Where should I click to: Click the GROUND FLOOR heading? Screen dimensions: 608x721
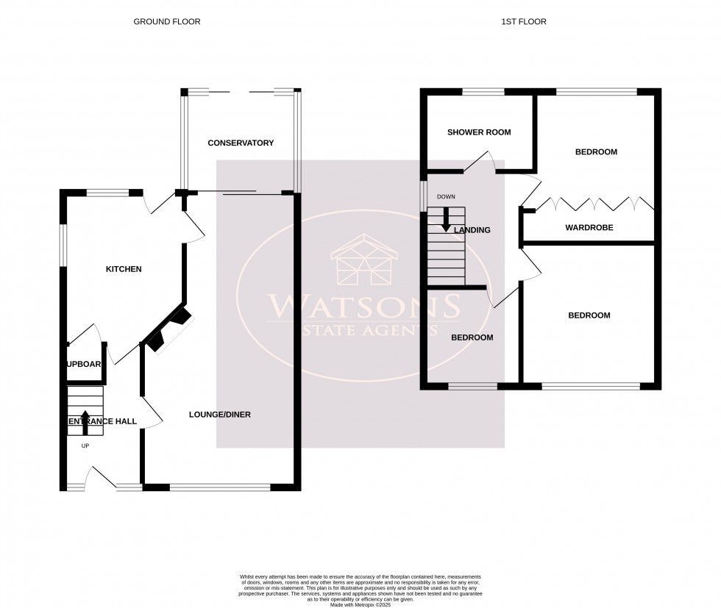pos(166,22)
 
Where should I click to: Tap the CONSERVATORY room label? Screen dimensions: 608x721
pos(240,143)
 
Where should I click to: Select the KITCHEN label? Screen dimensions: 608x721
pos(124,269)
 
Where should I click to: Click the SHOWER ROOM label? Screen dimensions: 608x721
pos(479,132)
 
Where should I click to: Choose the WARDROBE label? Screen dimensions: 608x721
pos(589,228)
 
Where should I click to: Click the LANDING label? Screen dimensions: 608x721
pos(472,230)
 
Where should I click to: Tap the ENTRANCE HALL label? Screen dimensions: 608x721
pos(102,421)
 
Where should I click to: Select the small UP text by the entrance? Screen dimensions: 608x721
pos(85,446)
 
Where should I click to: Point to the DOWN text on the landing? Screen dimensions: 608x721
pos(446,197)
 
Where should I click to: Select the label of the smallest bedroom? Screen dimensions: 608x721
pos(472,337)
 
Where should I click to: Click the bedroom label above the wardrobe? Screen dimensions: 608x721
pos(595,152)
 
